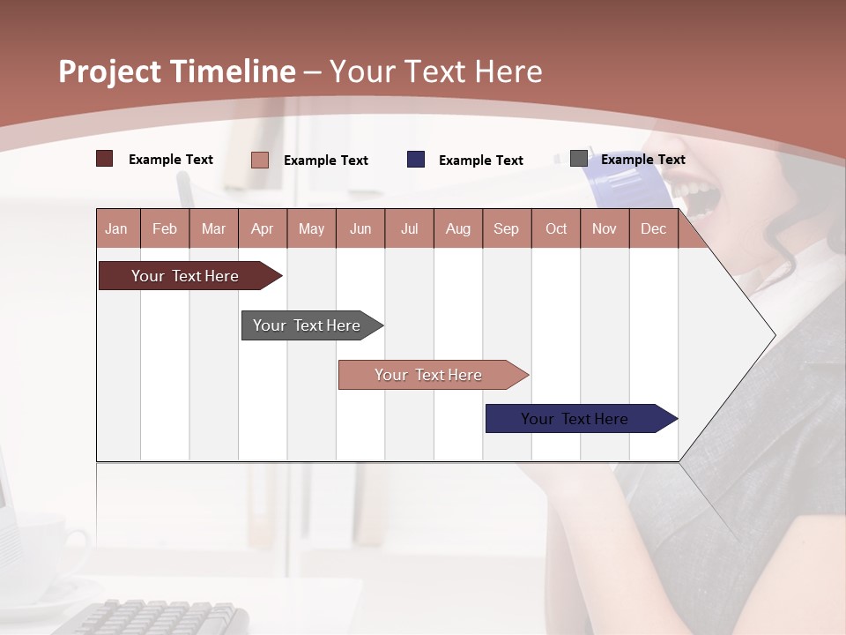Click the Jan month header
pyautogui.click(x=116, y=228)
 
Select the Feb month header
pyautogui.click(x=165, y=228)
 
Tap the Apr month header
pyautogui.click(x=262, y=228)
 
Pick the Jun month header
pyautogui.click(x=360, y=228)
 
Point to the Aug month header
pyautogui.click(x=457, y=228)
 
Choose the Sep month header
pyautogui.click(x=506, y=228)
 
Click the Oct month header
pyautogui.click(x=556, y=228)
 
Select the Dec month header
pyautogui.click(x=653, y=228)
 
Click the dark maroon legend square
pyautogui.click(x=105, y=159)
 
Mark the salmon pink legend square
pyautogui.click(x=260, y=160)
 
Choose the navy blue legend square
pyautogui.click(x=416, y=159)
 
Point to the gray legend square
pyautogui.click(x=579, y=158)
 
